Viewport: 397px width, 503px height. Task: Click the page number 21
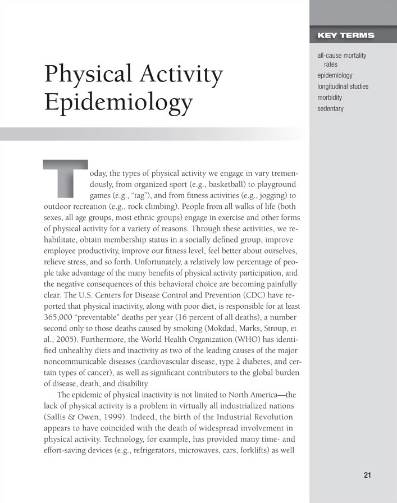tap(367, 475)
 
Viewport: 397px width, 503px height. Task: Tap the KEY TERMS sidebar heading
tap(345, 36)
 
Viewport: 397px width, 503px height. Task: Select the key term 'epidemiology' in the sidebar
tap(335, 75)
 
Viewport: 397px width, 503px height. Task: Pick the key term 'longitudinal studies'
tap(343, 86)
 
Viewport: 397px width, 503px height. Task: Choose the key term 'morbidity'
tap(330, 98)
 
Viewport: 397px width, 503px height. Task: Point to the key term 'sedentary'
tap(330, 108)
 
